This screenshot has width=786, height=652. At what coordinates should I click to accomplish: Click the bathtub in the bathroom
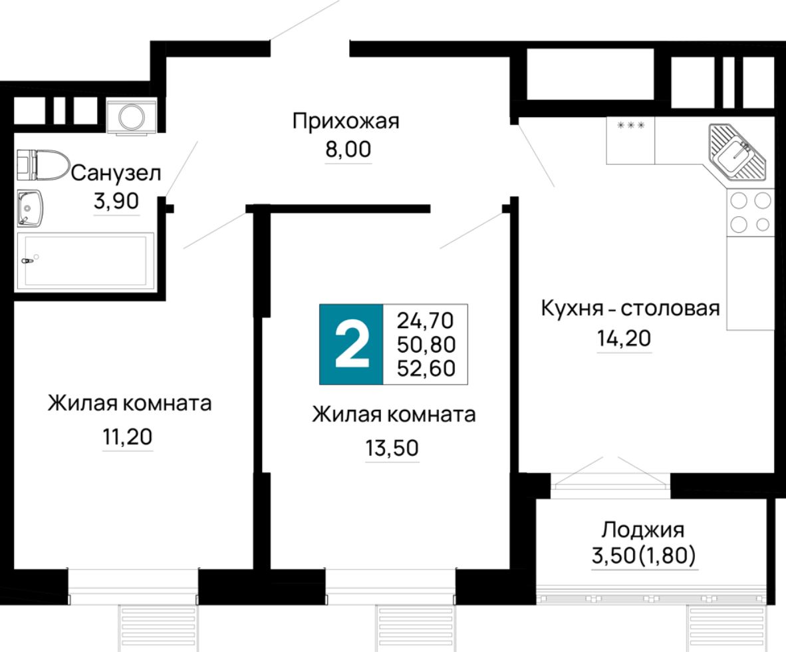click(84, 261)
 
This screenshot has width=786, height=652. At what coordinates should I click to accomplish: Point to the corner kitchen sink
click(737, 154)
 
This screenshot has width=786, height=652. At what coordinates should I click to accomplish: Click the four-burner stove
click(750, 212)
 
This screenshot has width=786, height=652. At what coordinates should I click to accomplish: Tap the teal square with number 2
click(351, 344)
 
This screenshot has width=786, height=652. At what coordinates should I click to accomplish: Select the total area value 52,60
click(426, 368)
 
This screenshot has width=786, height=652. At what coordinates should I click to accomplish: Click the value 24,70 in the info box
click(426, 321)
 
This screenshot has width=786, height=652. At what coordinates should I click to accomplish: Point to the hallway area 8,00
click(347, 150)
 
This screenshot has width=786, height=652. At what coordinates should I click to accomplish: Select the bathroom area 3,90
click(116, 202)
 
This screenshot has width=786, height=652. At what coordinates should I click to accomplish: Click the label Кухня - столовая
click(630, 309)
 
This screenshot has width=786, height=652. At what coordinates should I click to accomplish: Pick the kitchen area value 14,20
click(624, 339)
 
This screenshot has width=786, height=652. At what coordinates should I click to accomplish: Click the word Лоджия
click(643, 530)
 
